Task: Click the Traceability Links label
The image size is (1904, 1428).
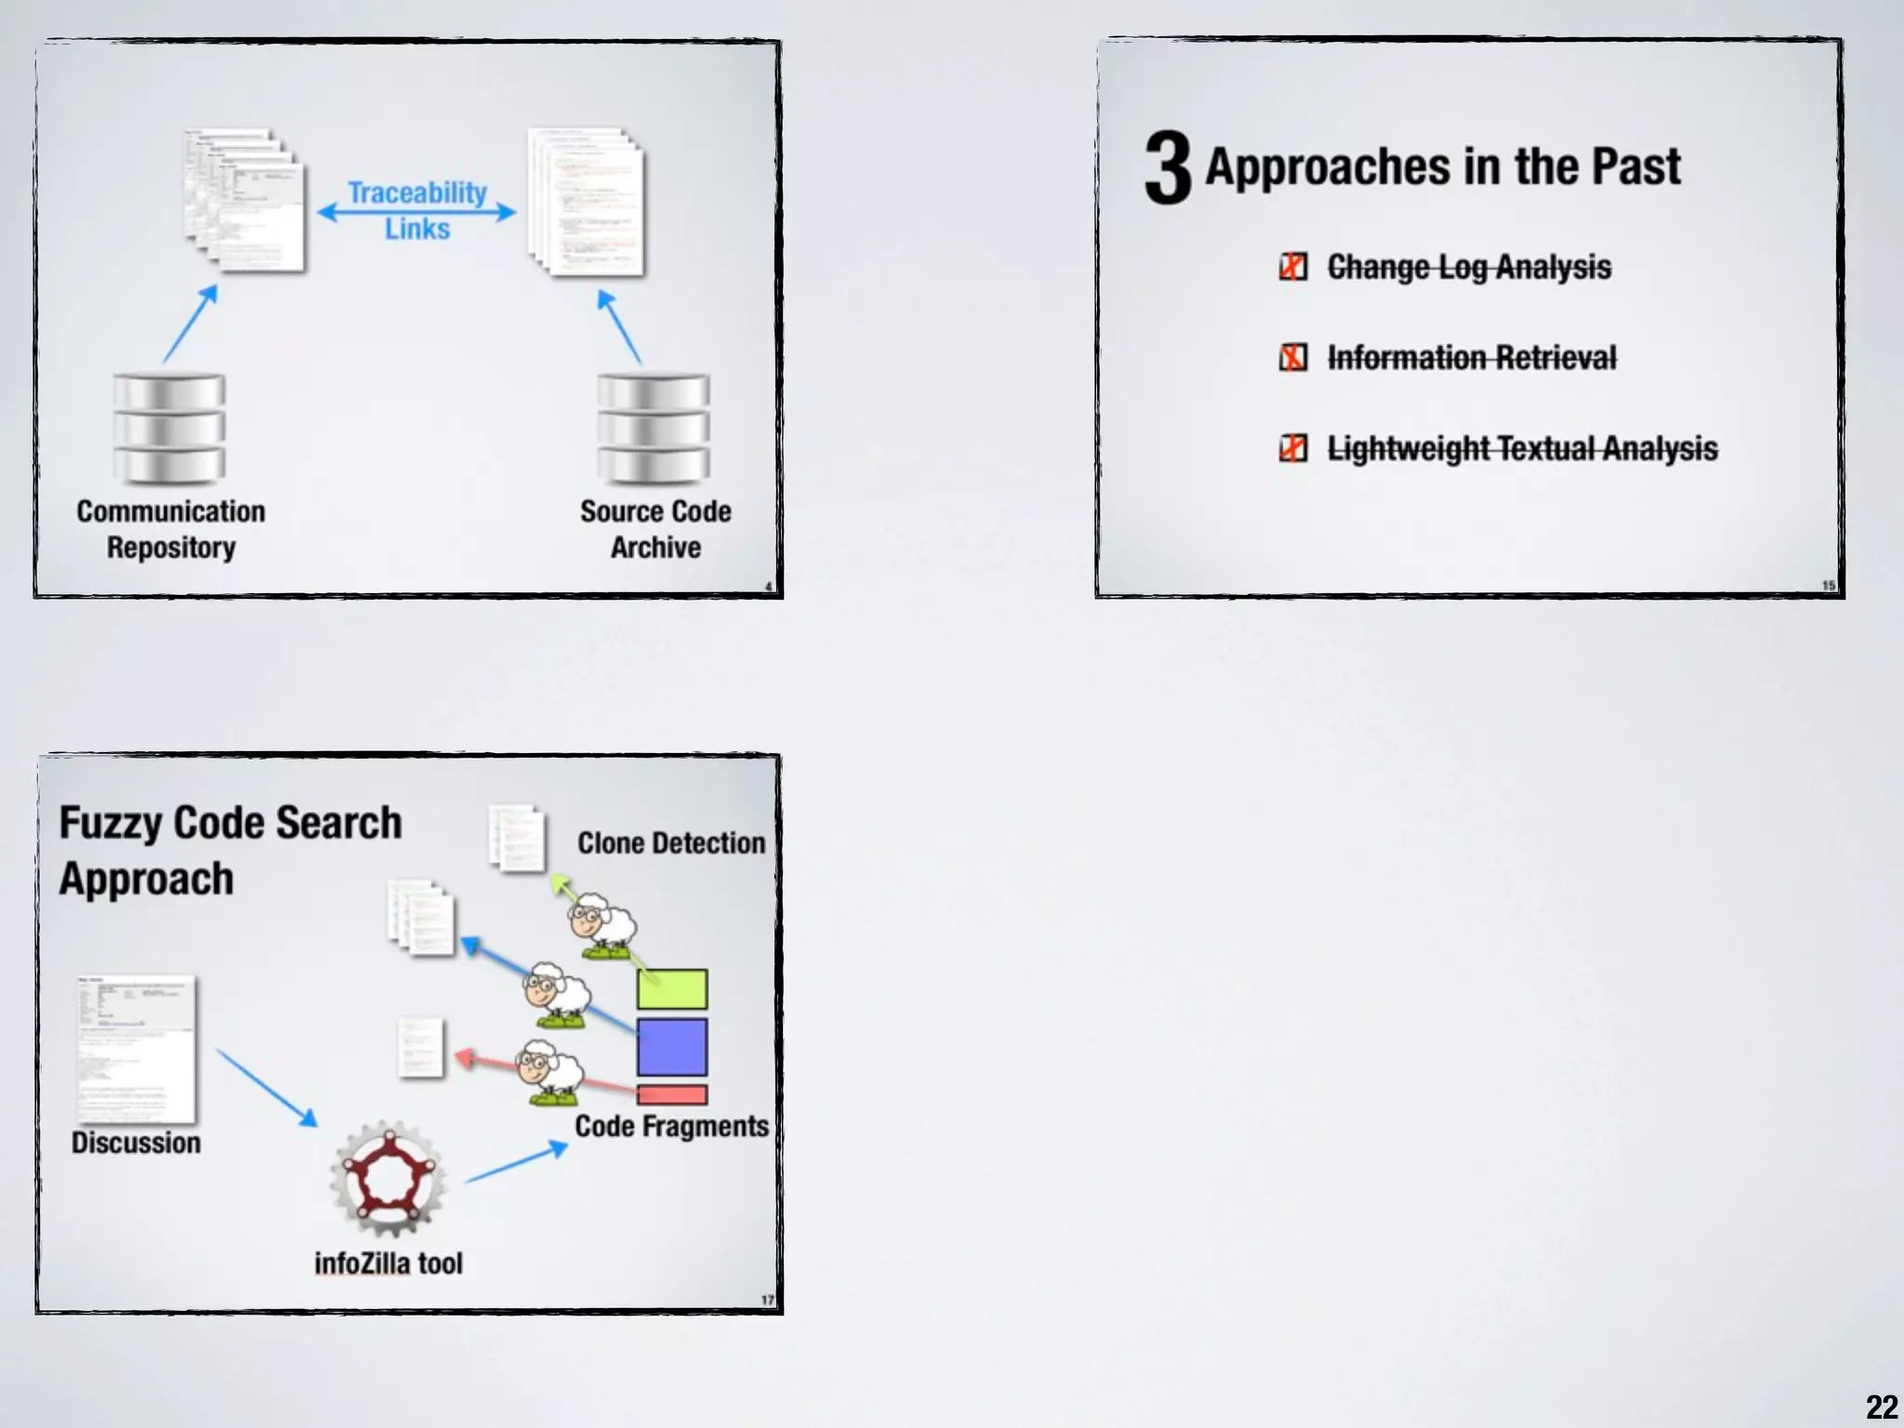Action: [417, 210]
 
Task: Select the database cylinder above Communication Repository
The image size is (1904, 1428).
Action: [169, 429]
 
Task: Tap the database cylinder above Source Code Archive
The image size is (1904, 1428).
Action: [654, 429]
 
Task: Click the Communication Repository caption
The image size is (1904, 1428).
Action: [171, 529]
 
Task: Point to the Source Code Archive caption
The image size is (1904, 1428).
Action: [655, 529]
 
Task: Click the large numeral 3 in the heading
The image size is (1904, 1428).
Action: [1168, 167]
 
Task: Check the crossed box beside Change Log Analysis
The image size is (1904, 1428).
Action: [1293, 267]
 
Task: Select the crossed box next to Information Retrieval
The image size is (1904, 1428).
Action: [1293, 357]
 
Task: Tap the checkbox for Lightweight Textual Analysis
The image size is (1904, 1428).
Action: [1293, 448]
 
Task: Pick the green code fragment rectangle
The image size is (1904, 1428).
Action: [672, 989]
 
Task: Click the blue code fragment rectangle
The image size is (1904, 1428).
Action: [672, 1047]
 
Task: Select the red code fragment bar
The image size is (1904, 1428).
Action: [672, 1094]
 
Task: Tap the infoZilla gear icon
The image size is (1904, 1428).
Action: [388, 1179]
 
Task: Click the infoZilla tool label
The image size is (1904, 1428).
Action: [388, 1263]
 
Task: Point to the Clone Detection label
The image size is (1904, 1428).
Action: [671, 843]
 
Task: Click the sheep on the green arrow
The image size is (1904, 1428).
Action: [602, 925]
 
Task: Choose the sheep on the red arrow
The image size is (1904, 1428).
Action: [550, 1073]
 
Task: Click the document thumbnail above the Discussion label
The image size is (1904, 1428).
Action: [137, 1049]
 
